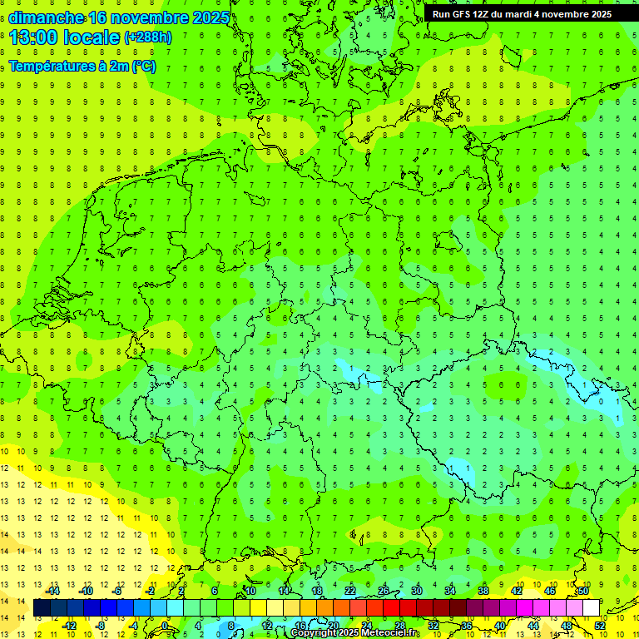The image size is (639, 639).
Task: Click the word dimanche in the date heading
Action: coord(46,17)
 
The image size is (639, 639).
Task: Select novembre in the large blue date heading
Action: coord(156,17)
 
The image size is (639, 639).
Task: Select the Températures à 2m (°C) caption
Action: coord(82,66)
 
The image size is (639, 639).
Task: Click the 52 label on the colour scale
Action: coord(600,626)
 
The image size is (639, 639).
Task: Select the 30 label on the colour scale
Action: coord(416,591)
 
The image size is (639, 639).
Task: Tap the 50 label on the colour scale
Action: coord(582,591)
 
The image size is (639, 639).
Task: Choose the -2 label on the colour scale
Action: coord(151,591)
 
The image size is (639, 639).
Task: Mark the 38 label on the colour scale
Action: coord(483,591)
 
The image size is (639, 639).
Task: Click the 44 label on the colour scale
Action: coord(533,626)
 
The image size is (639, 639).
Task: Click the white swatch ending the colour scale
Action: coord(591,608)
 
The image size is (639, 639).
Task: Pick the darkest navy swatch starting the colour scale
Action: coord(42,608)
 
